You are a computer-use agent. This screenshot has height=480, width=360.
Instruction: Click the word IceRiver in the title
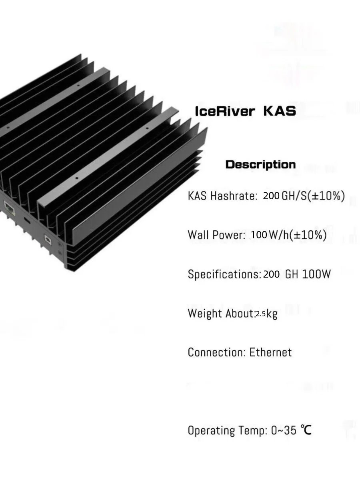click(x=224, y=111)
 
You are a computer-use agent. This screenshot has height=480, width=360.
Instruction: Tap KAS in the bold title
click(x=280, y=111)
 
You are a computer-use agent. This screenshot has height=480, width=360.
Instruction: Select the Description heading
click(x=260, y=164)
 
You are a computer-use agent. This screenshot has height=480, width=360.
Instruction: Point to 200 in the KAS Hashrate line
click(x=271, y=196)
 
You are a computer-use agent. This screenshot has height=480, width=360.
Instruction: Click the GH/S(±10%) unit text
click(x=313, y=196)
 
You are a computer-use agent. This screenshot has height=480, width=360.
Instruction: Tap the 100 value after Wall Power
click(x=259, y=235)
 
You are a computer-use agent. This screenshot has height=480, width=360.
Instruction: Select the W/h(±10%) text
click(x=298, y=235)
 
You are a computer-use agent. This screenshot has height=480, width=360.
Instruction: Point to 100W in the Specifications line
click(x=316, y=274)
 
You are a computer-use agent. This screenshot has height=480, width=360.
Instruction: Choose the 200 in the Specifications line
click(x=271, y=274)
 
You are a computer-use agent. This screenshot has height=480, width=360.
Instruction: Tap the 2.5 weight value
click(x=260, y=314)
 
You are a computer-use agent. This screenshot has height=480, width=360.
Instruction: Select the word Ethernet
click(x=271, y=352)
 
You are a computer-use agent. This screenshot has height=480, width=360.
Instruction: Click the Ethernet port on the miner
click(x=8, y=207)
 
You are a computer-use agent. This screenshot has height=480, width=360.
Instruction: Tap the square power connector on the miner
click(x=47, y=240)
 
